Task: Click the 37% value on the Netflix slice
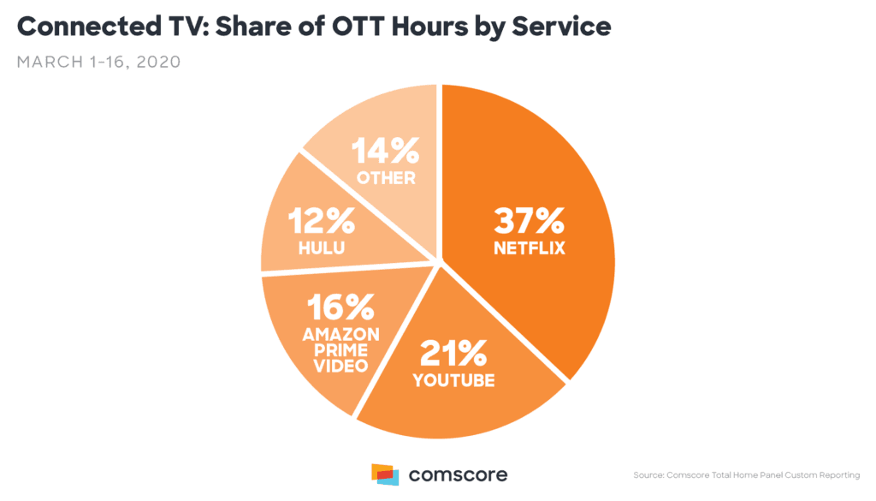tap(528, 222)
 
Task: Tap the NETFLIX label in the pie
tap(528, 249)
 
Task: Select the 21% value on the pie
tap(453, 352)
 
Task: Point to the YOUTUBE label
tap(453, 379)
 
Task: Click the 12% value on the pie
tap(321, 222)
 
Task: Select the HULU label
tap(321, 248)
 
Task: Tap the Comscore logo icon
tap(384, 474)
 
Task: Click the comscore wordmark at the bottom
tap(457, 474)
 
